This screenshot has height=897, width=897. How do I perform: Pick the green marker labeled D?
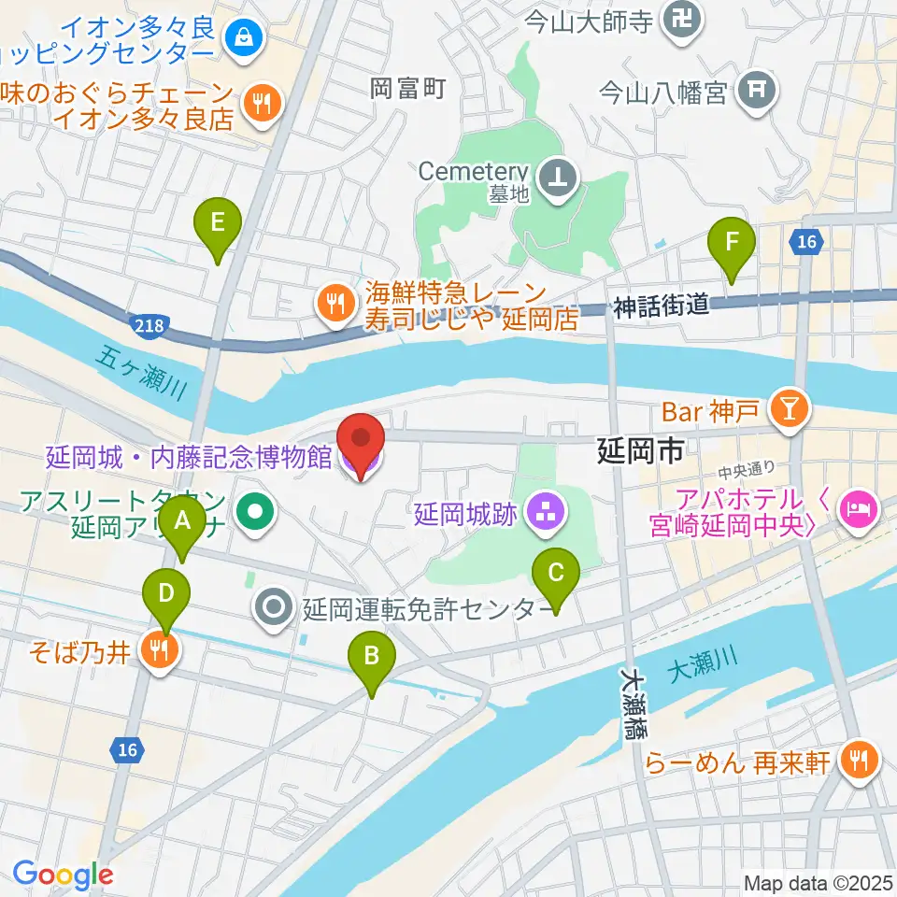coord(166,592)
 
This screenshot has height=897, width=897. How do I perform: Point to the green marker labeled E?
coord(217,223)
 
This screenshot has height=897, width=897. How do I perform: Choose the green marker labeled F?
coord(732,241)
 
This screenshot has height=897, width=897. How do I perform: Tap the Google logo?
coord(63,875)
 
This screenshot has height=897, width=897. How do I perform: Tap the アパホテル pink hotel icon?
coord(857,510)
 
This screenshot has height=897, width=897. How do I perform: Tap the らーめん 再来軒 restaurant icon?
coord(857,762)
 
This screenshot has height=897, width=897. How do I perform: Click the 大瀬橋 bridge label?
coord(635,702)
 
